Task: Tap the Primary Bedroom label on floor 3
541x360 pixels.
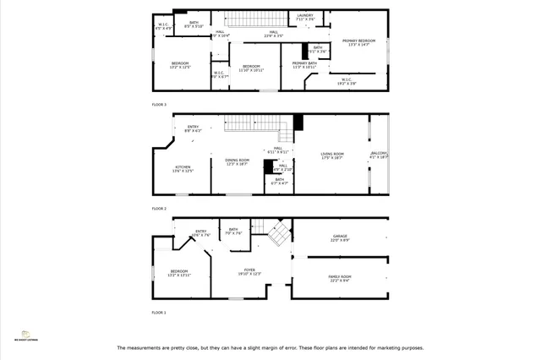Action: pyautogui.click(x=359, y=42)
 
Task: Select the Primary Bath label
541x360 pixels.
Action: pyautogui.click(x=304, y=65)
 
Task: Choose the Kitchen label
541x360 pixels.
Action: pyautogui.click(x=183, y=169)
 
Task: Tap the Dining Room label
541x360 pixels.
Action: pyautogui.click(x=237, y=162)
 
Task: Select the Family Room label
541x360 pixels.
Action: pyautogui.click(x=339, y=279)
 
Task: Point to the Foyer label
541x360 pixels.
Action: pyautogui.click(x=249, y=272)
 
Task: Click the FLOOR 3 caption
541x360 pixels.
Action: pyautogui.click(x=159, y=104)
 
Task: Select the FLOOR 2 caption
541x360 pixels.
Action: pyautogui.click(x=159, y=208)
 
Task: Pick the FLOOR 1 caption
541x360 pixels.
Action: pyautogui.click(x=159, y=313)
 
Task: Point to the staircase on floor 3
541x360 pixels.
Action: pyautogui.click(x=250, y=19)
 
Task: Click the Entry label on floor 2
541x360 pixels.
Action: pyautogui.click(x=193, y=129)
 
